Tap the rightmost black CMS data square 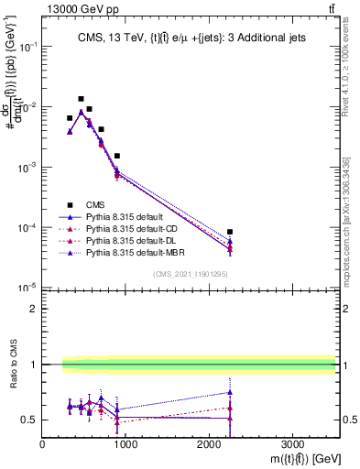(230, 232)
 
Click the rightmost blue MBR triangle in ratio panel (230, 392)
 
